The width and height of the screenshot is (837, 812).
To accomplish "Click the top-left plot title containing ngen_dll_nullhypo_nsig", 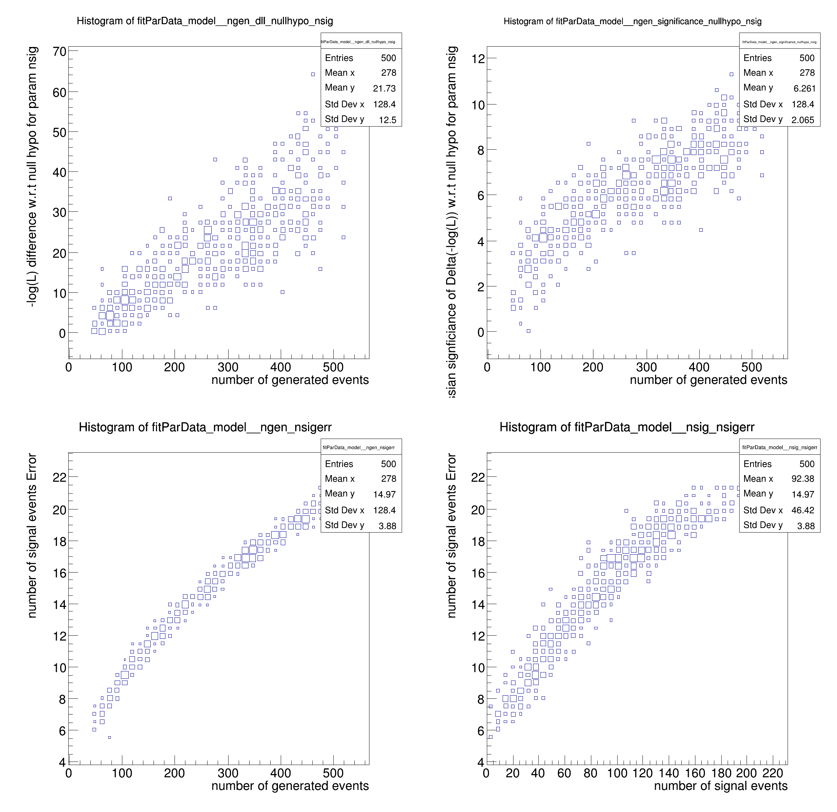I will [x=205, y=21].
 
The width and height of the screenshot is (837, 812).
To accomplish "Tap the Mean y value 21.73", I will [x=384, y=88].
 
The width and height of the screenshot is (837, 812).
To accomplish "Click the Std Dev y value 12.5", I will [x=387, y=120].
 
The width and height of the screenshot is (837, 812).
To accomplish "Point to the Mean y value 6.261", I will [x=804, y=88].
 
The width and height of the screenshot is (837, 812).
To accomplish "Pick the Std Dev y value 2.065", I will [x=802, y=120].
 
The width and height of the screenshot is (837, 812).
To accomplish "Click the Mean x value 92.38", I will [x=802, y=479].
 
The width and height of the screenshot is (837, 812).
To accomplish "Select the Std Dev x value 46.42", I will [x=802, y=510].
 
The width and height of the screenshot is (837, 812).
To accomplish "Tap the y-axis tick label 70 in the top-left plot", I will [x=59, y=52].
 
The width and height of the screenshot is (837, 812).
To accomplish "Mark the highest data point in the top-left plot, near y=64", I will [x=313, y=74].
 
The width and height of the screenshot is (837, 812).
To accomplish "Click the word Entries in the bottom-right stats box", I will [x=757, y=464].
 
